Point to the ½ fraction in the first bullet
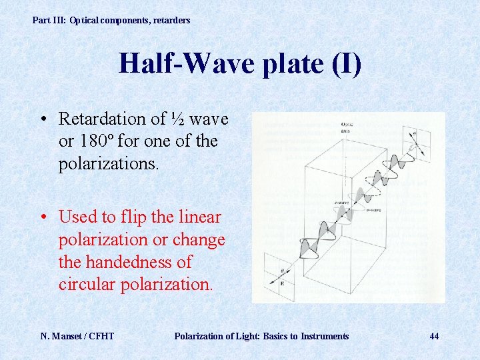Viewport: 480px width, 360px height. click(x=177, y=119)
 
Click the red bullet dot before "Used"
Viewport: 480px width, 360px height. click(x=43, y=217)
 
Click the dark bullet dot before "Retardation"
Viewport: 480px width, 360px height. click(x=43, y=120)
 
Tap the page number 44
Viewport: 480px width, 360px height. click(x=434, y=336)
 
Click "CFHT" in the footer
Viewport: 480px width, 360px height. click(x=102, y=336)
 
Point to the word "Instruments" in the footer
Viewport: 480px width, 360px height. click(x=325, y=336)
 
